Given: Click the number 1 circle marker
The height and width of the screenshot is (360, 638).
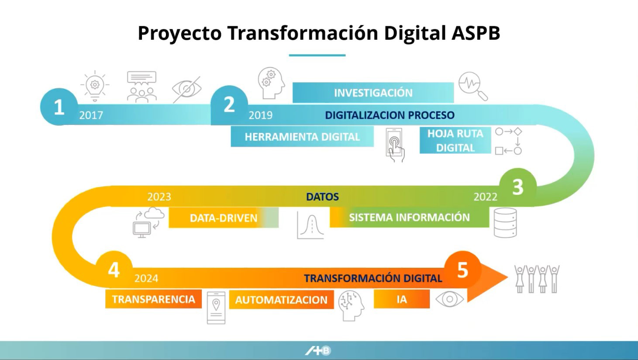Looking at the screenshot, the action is coord(59,107).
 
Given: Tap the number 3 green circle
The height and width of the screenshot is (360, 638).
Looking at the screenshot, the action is coord(518,187).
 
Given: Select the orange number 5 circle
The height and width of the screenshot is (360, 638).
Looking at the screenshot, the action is coord(462,270).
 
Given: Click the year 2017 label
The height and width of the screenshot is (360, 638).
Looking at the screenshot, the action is coord(91,115).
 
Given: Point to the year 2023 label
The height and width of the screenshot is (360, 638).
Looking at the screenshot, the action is coord(159,197).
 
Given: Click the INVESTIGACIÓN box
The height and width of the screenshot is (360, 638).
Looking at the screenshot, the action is coord(373,93).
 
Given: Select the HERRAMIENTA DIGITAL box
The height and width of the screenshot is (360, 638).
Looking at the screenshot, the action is coord(302,137).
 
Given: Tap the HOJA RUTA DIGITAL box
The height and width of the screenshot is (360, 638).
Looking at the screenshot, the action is coord(455,141).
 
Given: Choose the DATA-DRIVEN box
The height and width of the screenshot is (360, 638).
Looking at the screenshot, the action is coord(224,218).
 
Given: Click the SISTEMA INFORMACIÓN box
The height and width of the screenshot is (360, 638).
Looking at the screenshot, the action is coord(409,217).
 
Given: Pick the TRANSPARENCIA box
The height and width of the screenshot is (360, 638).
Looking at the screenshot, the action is coord(154,299).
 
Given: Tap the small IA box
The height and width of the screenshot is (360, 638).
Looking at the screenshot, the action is coord(402,299).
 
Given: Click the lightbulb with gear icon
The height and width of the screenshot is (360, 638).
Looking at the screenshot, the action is coord(95,86).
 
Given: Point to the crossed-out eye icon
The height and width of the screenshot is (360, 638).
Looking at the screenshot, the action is coord(187,89).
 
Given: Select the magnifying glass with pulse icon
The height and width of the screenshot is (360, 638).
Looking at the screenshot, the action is coord(473,86).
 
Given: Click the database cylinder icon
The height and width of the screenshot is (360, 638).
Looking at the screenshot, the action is coord(505,223).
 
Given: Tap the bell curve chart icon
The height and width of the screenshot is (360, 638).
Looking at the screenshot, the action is coord(310,225).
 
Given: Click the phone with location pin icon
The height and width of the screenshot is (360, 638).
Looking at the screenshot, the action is coord(216,308).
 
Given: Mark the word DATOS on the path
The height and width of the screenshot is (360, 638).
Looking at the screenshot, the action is coord(322,197).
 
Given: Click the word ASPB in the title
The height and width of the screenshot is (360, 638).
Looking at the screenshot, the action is coord(476,33).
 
